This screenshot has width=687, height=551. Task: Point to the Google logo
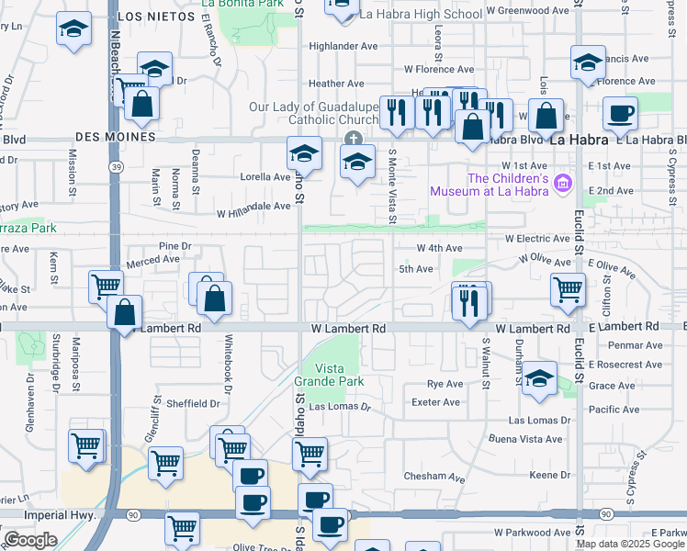(x=30, y=540)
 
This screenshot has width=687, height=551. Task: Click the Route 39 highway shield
(x=115, y=167)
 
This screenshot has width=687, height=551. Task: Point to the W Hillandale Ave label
(x=253, y=207)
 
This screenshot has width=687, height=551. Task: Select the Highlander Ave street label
(x=343, y=46)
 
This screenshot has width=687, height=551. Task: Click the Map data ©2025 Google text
(x=631, y=544)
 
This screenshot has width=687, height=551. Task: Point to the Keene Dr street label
(x=550, y=475)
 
